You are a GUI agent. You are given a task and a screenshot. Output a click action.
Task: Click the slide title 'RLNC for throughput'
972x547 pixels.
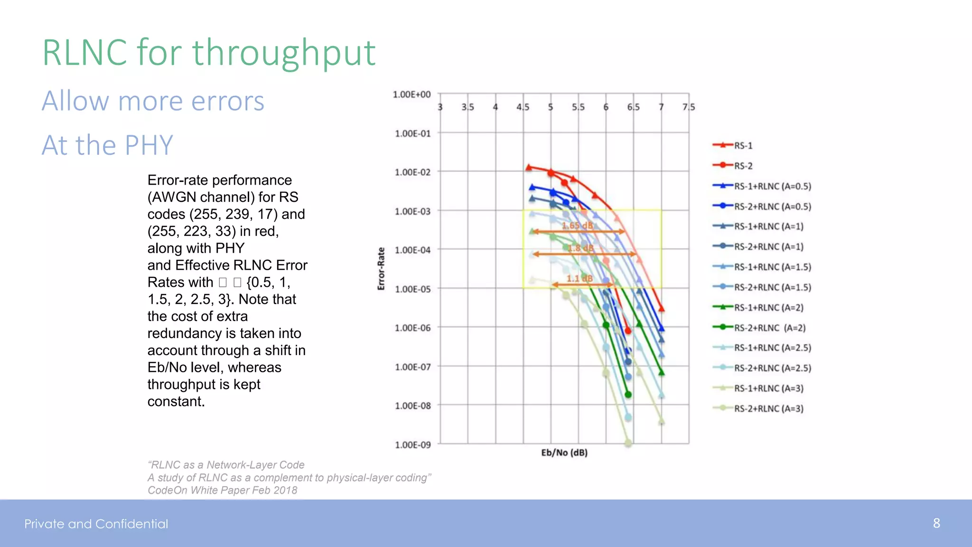209,52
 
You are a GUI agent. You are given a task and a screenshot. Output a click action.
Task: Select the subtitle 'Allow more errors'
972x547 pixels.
153,101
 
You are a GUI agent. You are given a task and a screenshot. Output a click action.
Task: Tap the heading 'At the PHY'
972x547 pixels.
107,145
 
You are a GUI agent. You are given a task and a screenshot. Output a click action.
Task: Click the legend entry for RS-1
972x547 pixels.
743,146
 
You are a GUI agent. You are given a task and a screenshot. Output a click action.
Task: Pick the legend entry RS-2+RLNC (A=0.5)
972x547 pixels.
772,207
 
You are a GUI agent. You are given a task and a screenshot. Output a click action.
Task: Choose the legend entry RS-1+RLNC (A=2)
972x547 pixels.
768,308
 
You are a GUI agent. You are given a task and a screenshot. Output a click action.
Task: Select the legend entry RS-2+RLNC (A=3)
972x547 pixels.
768,409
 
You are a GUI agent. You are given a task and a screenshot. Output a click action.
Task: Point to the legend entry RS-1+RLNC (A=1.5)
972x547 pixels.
772,267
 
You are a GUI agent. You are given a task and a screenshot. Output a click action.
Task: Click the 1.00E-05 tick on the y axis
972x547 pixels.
412,289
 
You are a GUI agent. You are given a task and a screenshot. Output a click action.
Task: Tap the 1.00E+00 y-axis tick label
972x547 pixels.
411,94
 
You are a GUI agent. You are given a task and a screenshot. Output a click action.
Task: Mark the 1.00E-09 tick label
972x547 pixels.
412,445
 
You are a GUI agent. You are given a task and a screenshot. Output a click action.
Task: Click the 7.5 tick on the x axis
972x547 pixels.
688,107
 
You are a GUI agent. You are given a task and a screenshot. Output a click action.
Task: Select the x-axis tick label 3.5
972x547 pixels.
467,107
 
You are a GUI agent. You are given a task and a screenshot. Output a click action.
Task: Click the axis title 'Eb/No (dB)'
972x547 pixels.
564,453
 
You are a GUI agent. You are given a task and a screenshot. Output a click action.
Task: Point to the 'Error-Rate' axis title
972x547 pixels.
381,269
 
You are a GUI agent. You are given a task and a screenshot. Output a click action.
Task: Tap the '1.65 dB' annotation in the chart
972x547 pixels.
578,226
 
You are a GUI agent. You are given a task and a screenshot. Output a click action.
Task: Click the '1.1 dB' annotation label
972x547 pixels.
579,279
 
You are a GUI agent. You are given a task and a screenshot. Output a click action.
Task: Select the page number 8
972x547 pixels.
936,523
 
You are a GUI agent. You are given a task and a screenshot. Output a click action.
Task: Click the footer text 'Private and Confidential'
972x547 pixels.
96,524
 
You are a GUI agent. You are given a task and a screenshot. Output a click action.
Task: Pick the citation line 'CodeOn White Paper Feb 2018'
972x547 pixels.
222,490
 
